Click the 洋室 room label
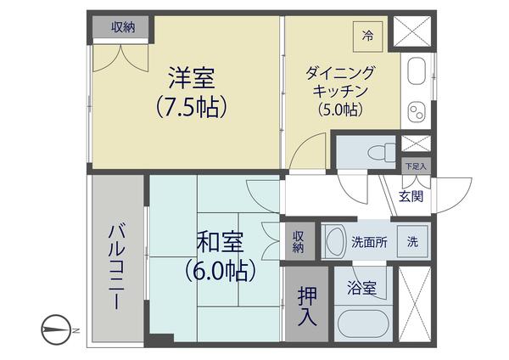click(191, 79)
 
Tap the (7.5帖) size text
click(191, 108)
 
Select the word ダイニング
click(340, 73)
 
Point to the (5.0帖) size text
click(340, 109)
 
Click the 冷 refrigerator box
click(367, 36)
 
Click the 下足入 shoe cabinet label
click(415, 166)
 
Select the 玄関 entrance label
click(411, 197)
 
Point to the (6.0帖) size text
click(221, 271)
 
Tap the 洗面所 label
click(369, 241)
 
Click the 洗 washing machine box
click(412, 241)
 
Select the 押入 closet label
click(306, 307)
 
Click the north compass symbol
click(56, 328)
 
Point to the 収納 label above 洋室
click(124, 27)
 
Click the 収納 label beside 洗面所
click(299, 241)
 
